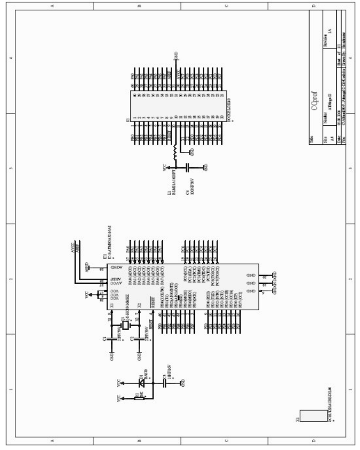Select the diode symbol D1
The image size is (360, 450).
[141, 383]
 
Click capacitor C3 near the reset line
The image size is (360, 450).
[164, 383]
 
